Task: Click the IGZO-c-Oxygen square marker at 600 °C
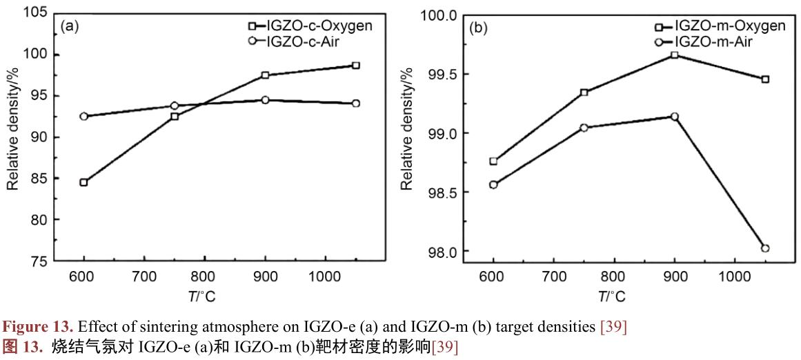point(83,183)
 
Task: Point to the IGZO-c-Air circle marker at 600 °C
point(83,117)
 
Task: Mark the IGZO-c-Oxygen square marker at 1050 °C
point(355,66)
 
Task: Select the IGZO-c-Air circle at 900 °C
point(265,100)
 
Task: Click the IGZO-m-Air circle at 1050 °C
point(765,248)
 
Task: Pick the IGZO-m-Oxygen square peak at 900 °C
point(675,55)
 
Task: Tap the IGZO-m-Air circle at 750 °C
point(584,128)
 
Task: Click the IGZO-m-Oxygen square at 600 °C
point(493,161)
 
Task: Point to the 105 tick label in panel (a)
point(37,13)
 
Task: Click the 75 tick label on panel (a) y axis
point(40,261)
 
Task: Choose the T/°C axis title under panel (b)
point(611,297)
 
